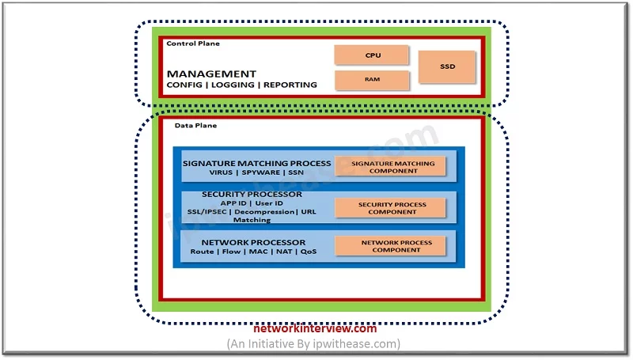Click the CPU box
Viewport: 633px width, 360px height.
pos(371,55)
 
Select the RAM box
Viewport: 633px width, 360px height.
pos(372,80)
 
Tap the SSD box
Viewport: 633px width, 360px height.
pos(447,66)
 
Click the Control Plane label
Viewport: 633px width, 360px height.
pos(193,44)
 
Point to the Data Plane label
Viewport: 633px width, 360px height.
pos(195,126)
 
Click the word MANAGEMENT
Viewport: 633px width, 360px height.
pos(211,74)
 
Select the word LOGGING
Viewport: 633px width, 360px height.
pos(233,85)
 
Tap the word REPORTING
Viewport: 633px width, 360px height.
pos(290,85)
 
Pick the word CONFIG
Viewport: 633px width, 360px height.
pos(184,85)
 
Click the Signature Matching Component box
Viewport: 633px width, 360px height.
pos(390,167)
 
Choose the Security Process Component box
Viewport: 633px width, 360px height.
pos(390,208)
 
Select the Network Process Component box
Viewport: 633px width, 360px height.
pos(390,246)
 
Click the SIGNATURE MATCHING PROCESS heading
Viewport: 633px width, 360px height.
pos(256,164)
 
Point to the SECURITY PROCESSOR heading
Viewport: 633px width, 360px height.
pos(252,194)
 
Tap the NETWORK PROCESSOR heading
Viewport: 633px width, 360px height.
pos(253,243)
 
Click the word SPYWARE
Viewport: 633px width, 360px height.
pos(261,172)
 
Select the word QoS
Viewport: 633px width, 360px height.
pos(309,252)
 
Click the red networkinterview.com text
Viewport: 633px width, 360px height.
pos(315,328)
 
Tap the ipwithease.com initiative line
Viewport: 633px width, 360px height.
pos(313,344)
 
